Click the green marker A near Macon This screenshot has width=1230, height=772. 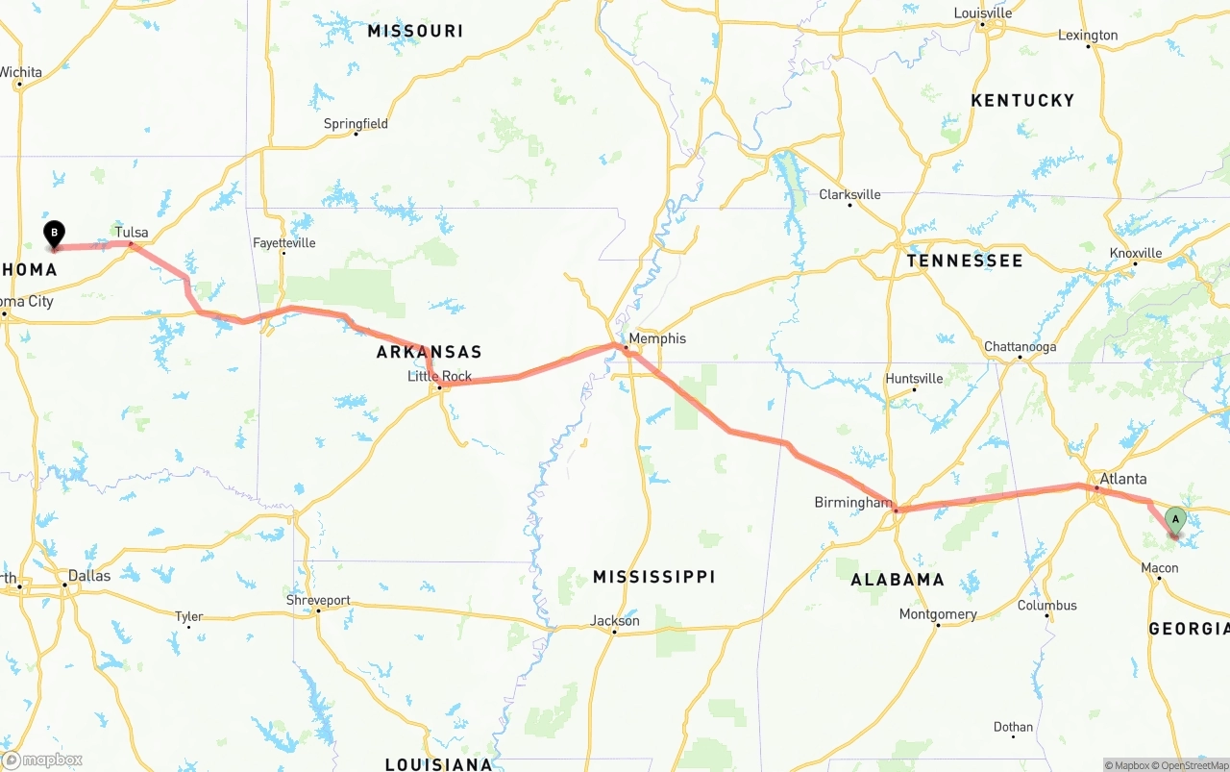pos(1174,520)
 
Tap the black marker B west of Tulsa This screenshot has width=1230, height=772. pos(55,233)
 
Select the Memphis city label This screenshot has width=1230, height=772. pos(657,338)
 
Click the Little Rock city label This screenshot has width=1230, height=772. pos(439,376)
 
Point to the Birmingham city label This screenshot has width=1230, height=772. pos(852,502)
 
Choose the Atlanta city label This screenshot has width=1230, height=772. pos(1122,479)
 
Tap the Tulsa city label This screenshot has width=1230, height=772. pos(132,232)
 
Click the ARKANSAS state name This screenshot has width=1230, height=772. pos(429,352)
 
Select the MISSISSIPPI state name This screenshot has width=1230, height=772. pos(653,577)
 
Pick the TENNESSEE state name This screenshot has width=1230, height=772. pos(964,261)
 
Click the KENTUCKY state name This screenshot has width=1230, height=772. pos(1022,100)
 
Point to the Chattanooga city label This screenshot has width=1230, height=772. pos(1020,347)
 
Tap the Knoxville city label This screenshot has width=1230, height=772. pos(1136,253)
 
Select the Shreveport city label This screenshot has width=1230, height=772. pos(318,600)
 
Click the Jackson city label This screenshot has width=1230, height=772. pos(615,620)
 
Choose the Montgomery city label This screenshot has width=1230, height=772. pos(938,614)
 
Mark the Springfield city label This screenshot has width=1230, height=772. pos(356,123)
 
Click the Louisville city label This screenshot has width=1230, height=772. pos(982,13)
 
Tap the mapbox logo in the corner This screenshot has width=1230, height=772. pos(42,760)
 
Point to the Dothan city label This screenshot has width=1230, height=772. pos(1013,727)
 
